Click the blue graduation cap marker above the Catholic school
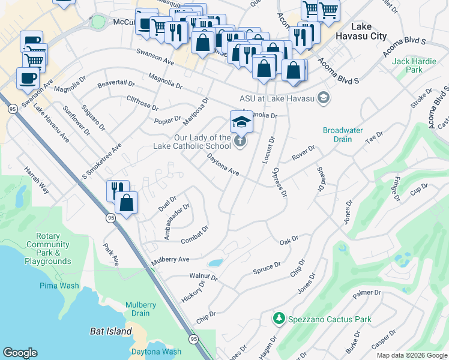[242, 122]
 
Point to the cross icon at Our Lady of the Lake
[240, 142]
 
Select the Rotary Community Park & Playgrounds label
[48, 249]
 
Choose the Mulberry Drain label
[141, 309]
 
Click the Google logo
[20, 353]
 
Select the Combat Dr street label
[194, 235]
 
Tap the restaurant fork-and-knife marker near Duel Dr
[118, 190]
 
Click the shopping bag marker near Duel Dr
[127, 202]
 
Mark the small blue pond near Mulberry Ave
[214, 263]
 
